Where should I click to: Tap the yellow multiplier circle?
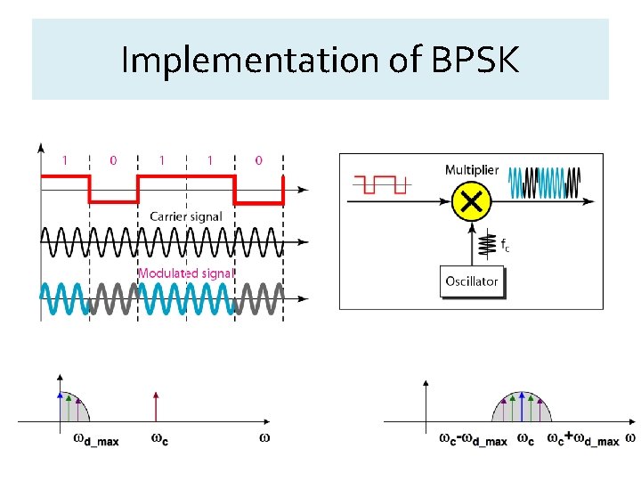click(x=471, y=203)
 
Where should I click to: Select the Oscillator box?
click(x=471, y=281)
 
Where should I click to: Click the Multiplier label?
click(x=472, y=169)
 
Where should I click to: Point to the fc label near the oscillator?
click(x=505, y=246)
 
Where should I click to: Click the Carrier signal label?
click(x=186, y=216)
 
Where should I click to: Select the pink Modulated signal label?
click(x=185, y=273)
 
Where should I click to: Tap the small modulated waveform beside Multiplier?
click(x=544, y=184)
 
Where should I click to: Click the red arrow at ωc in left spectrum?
click(x=156, y=404)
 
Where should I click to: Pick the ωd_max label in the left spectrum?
click(x=95, y=439)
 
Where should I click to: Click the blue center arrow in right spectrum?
click(x=522, y=406)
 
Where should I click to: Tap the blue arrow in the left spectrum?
click(x=60, y=405)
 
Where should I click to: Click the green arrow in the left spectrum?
click(x=69, y=407)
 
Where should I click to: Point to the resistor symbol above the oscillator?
click(x=488, y=242)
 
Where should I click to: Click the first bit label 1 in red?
click(x=64, y=160)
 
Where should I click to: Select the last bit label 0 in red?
click(x=258, y=160)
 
